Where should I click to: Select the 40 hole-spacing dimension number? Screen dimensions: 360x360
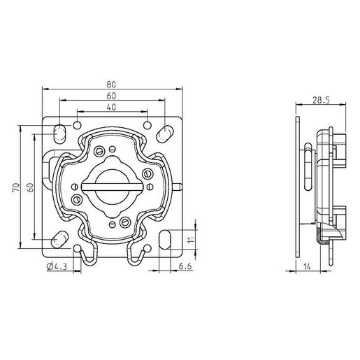click(x=112, y=106)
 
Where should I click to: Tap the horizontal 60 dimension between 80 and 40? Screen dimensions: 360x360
click(x=112, y=96)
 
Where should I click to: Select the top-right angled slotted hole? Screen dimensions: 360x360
click(x=164, y=131)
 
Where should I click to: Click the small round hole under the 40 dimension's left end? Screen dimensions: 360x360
click(x=77, y=126)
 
